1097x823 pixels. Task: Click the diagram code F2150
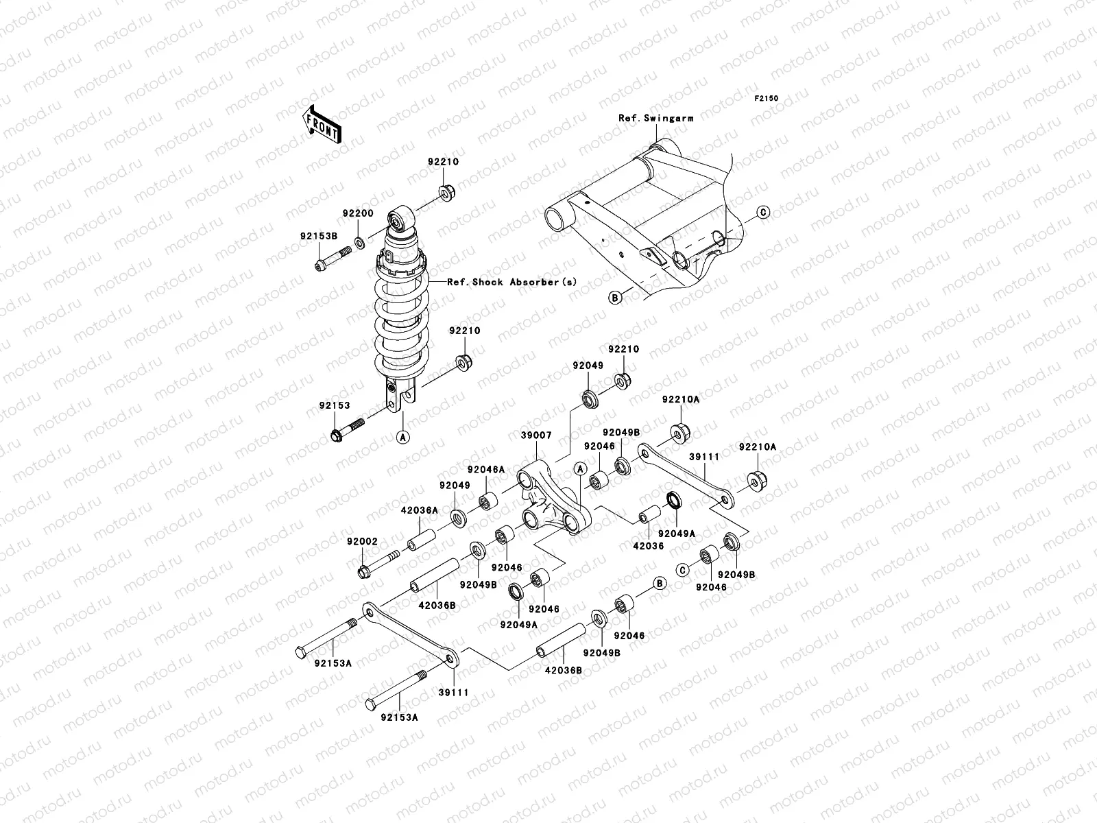[x=767, y=99]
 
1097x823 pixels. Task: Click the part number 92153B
[x=318, y=236]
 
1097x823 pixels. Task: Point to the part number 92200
[x=358, y=213]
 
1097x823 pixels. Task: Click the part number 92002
[x=363, y=542]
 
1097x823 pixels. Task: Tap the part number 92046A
[x=486, y=470]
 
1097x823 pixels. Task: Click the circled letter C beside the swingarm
[x=764, y=213]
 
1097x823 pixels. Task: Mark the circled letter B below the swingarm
[x=615, y=297]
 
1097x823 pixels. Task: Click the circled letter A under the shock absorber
[x=403, y=436]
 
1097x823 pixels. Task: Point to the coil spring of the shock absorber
[x=400, y=322]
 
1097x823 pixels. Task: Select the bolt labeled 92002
[x=378, y=562]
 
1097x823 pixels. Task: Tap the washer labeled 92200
[x=360, y=242]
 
